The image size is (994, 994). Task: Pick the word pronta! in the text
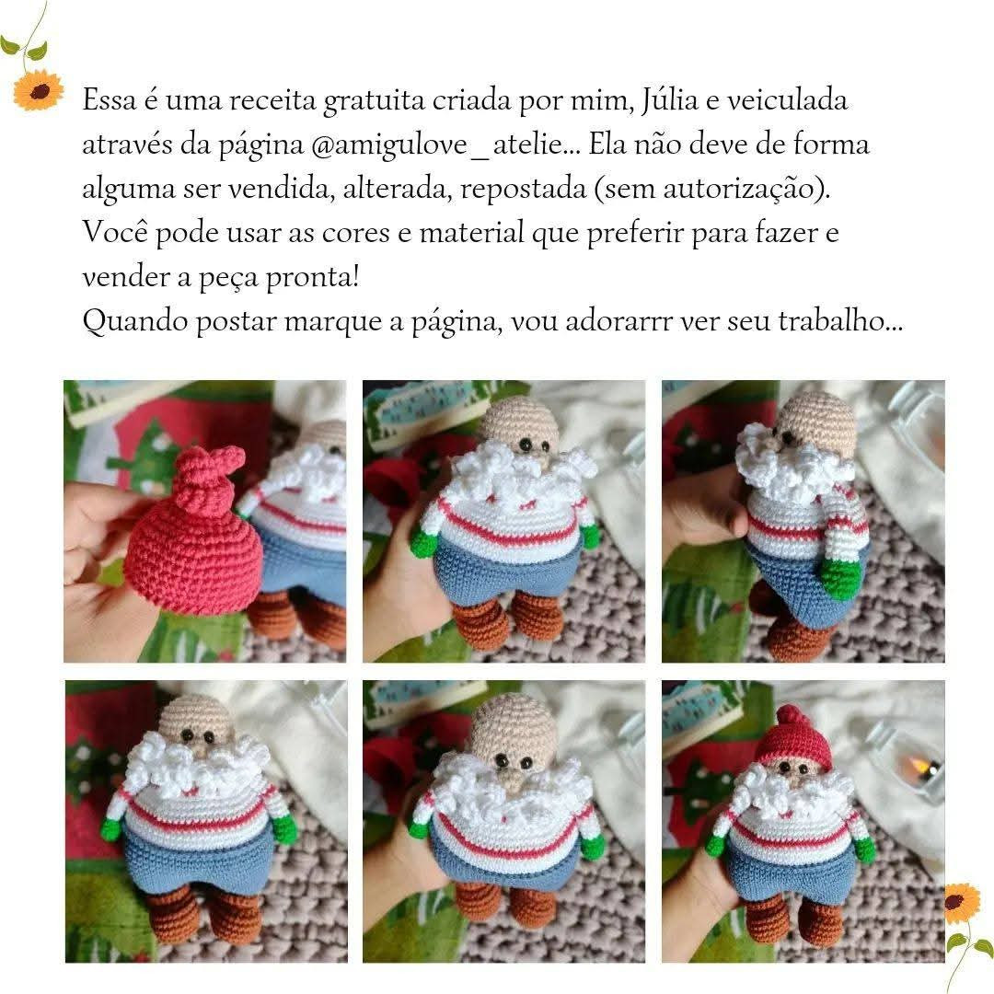click(x=312, y=278)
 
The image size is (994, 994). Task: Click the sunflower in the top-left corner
click(x=38, y=90)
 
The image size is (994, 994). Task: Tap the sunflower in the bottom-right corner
click(x=962, y=902)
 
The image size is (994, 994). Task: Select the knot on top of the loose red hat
click(x=213, y=474)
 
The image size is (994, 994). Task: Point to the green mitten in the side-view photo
click(x=839, y=577)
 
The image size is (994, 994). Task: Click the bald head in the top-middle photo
click(x=519, y=422)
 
